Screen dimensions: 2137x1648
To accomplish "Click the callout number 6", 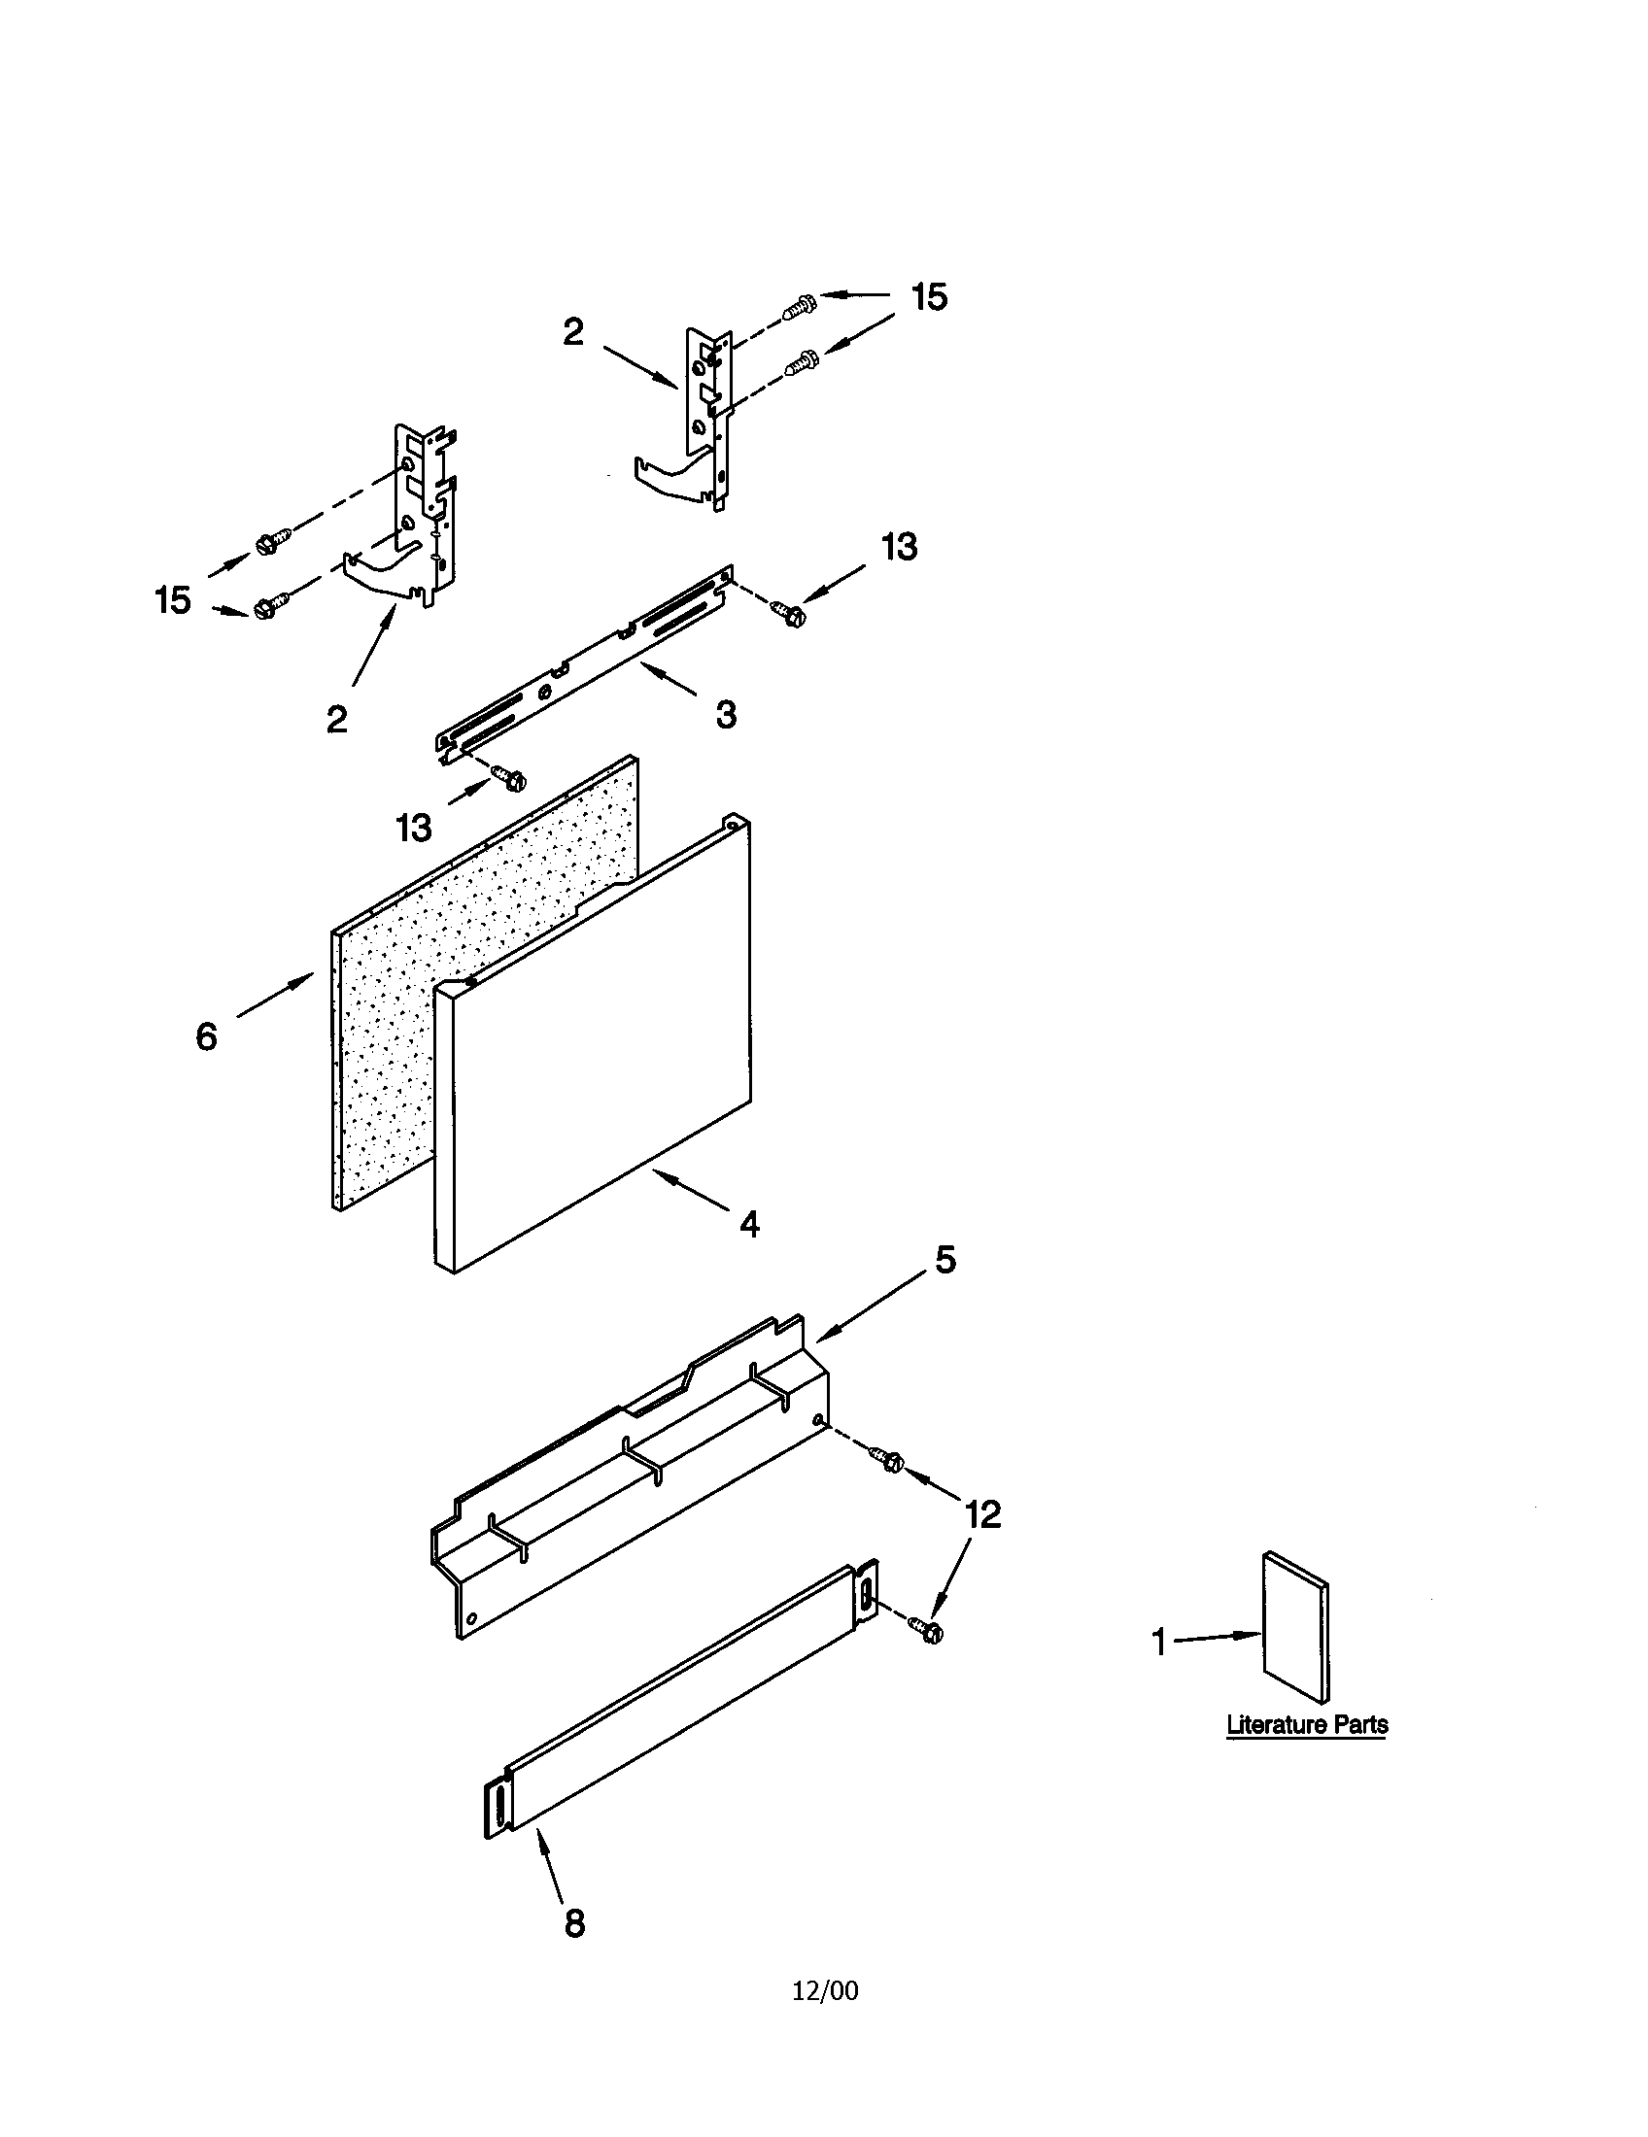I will click(x=205, y=1036).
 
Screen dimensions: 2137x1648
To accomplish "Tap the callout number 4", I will click(x=748, y=1224).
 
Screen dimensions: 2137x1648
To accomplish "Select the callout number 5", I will click(x=944, y=1260).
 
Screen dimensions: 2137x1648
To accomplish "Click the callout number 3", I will click(x=725, y=715).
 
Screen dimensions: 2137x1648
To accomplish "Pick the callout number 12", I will click(x=982, y=1514).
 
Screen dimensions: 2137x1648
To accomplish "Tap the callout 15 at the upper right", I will click(x=929, y=297).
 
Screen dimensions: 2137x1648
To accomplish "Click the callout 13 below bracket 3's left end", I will click(x=414, y=828).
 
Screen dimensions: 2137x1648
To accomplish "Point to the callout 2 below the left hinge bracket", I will click(x=336, y=720).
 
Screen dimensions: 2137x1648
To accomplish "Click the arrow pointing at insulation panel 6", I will click(x=275, y=998).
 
